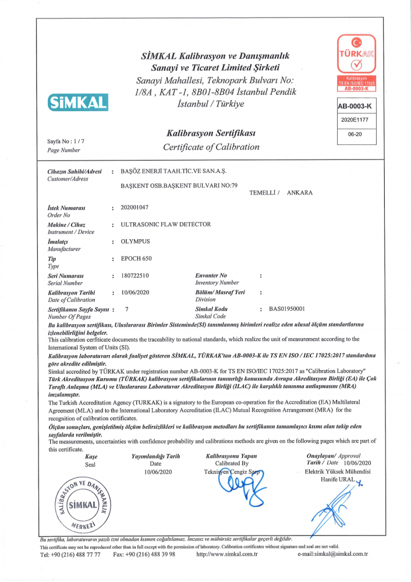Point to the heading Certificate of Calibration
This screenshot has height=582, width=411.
coord(211,147)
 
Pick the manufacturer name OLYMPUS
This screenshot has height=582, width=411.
coord(135,241)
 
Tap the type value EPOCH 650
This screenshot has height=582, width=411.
coord(136,258)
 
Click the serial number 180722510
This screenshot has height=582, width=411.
coord(135,275)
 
